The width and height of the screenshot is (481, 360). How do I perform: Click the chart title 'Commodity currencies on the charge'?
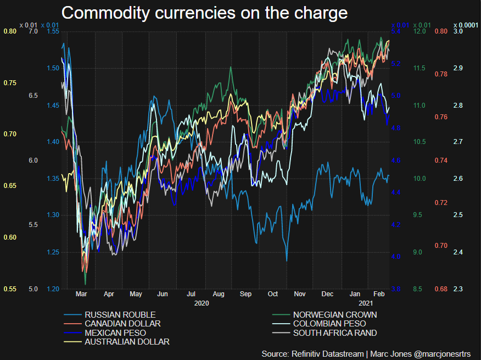click(204, 13)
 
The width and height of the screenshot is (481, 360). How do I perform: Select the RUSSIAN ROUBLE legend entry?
click(120, 314)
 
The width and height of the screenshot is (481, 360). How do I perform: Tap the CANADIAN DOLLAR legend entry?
click(122, 324)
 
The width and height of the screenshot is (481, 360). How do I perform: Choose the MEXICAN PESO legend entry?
click(115, 333)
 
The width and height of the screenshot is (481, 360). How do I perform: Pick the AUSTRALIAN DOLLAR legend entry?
click(127, 342)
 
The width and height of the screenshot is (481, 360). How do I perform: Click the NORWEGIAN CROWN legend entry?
click(335, 314)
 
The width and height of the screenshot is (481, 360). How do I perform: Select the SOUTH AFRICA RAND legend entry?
click(335, 333)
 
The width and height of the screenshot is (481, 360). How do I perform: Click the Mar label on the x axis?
click(81, 295)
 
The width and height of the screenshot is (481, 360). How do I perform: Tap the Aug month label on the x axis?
click(218, 295)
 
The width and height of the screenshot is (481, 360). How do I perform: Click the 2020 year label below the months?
click(202, 303)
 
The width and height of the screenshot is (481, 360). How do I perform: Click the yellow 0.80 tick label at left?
click(10, 31)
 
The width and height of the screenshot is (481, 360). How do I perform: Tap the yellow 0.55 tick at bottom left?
click(10, 289)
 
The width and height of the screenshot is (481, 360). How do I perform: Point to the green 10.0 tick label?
click(420, 179)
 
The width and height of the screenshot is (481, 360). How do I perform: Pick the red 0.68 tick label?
click(441, 289)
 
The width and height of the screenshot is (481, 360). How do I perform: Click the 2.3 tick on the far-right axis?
click(458, 289)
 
